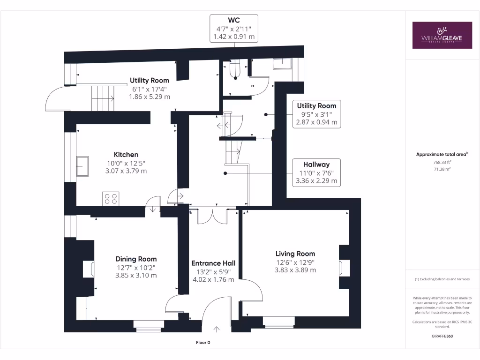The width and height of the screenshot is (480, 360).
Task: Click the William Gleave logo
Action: pyautogui.click(x=442, y=35)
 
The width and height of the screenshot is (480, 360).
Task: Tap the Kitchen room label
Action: pyautogui.click(x=126, y=155)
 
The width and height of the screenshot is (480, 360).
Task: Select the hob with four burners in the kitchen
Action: pyautogui.click(x=112, y=198)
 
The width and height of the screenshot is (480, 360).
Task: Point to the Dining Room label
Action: pyautogui.click(x=136, y=259)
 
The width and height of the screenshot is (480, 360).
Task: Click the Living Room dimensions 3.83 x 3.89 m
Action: pyautogui.click(x=295, y=270)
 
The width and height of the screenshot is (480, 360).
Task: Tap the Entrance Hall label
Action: pyautogui.click(x=213, y=263)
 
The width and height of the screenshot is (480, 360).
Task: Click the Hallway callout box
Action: pyautogui.click(x=316, y=172)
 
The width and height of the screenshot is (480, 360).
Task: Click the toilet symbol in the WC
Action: pyautogui.click(x=235, y=71)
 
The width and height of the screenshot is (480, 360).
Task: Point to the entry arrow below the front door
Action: pyautogui.click(x=217, y=329)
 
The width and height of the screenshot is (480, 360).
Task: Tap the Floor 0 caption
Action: pyautogui.click(x=203, y=343)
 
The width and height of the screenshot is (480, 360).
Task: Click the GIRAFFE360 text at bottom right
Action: pyautogui.click(x=442, y=336)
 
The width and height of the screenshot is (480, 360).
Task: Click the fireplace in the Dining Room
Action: pyautogui.click(x=89, y=270)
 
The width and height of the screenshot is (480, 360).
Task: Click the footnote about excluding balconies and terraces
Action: pyautogui.click(x=442, y=279)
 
